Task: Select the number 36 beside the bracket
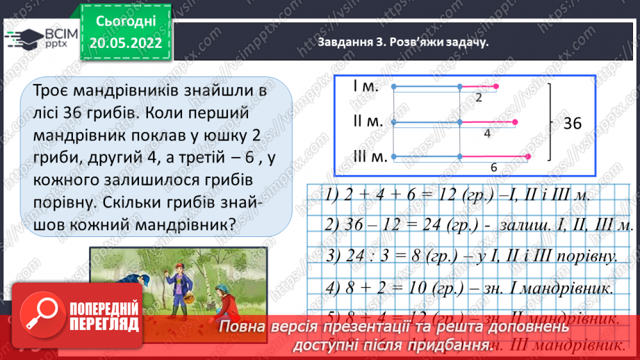click(572, 124)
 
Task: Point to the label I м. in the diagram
click(365, 86)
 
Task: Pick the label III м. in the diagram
click(369, 156)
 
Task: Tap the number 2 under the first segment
click(479, 98)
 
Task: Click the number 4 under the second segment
click(488, 132)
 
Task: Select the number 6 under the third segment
click(494, 167)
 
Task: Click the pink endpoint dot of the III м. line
click(528, 156)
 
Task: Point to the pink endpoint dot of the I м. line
click(496, 87)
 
